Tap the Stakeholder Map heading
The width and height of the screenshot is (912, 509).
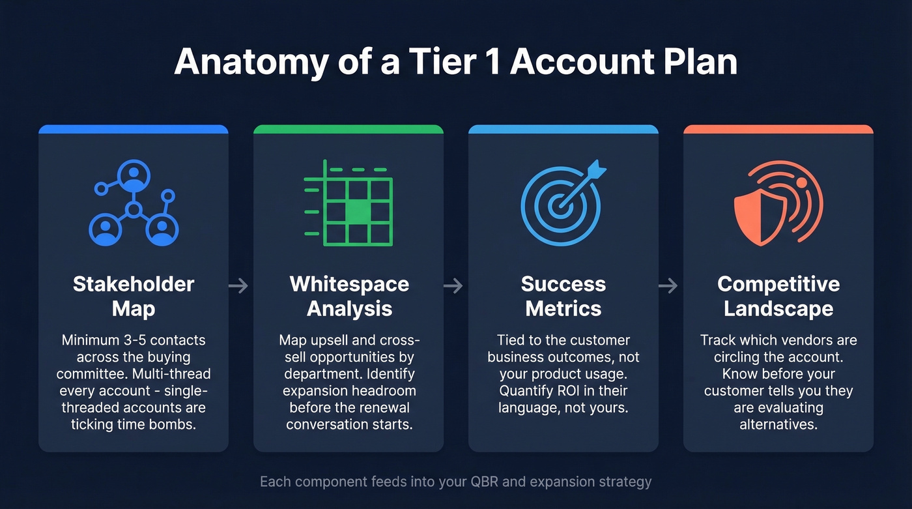[x=134, y=296]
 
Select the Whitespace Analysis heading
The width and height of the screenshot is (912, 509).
[x=349, y=296]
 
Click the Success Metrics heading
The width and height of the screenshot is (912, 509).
[x=563, y=296]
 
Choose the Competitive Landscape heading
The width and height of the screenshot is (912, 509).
[x=778, y=296]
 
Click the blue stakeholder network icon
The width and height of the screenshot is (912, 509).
[x=134, y=203]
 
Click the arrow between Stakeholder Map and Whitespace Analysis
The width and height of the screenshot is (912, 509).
[x=239, y=285]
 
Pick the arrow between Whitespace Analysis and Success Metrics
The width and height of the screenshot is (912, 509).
[x=453, y=285]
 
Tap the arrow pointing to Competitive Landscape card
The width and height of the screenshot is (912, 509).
[x=668, y=285]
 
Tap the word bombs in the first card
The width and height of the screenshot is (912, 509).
[x=178, y=425]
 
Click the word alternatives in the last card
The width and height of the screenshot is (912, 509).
[x=778, y=425]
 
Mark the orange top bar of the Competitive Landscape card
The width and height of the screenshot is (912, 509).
[x=778, y=129]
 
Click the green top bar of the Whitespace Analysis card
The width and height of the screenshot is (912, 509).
[x=349, y=129]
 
